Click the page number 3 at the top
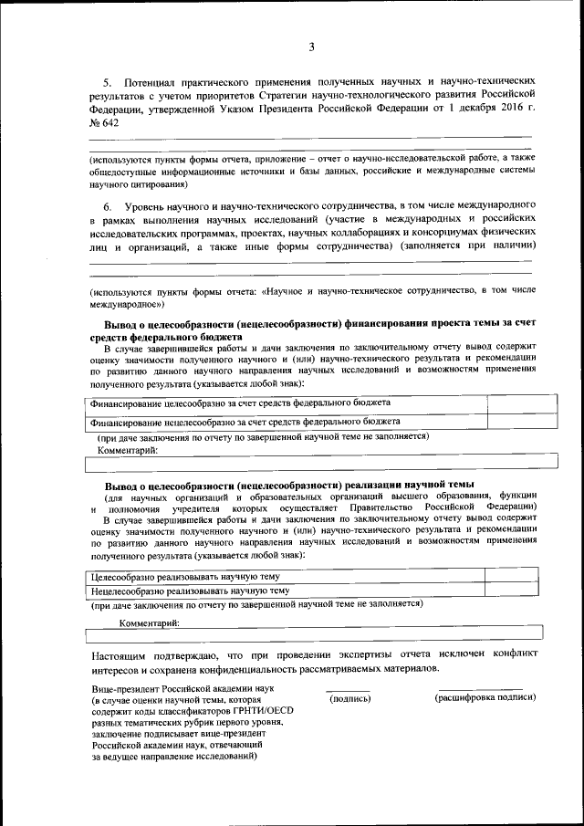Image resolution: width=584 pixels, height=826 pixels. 311,47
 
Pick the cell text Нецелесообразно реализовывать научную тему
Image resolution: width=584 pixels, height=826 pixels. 190,591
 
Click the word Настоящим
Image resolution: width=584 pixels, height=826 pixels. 120,655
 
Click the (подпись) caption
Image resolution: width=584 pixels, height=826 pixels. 349,698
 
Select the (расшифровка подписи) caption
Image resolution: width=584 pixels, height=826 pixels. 484,698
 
